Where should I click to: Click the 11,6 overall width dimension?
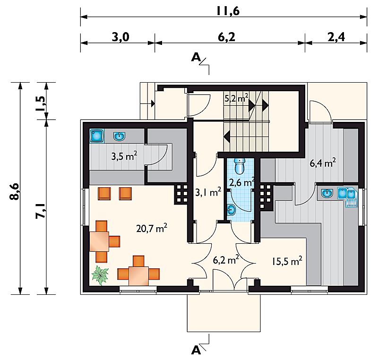point(228,11)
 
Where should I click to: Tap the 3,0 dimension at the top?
point(120,37)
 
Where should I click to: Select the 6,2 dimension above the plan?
point(226,37)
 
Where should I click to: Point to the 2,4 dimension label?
point(336,37)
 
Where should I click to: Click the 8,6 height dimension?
point(14,191)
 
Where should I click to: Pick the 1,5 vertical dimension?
point(40,103)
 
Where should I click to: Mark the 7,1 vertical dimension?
point(40,211)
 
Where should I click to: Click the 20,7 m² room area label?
point(152,228)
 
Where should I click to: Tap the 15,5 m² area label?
point(287,261)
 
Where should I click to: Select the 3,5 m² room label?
point(124,156)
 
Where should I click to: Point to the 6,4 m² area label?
point(323,163)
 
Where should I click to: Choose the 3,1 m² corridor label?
point(208,192)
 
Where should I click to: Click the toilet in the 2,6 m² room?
point(240,166)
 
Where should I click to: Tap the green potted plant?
point(100,275)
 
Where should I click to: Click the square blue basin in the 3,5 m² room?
point(97,136)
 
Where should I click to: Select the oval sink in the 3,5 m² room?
point(120,137)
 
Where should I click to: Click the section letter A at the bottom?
point(196,351)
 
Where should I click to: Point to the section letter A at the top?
point(196,57)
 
